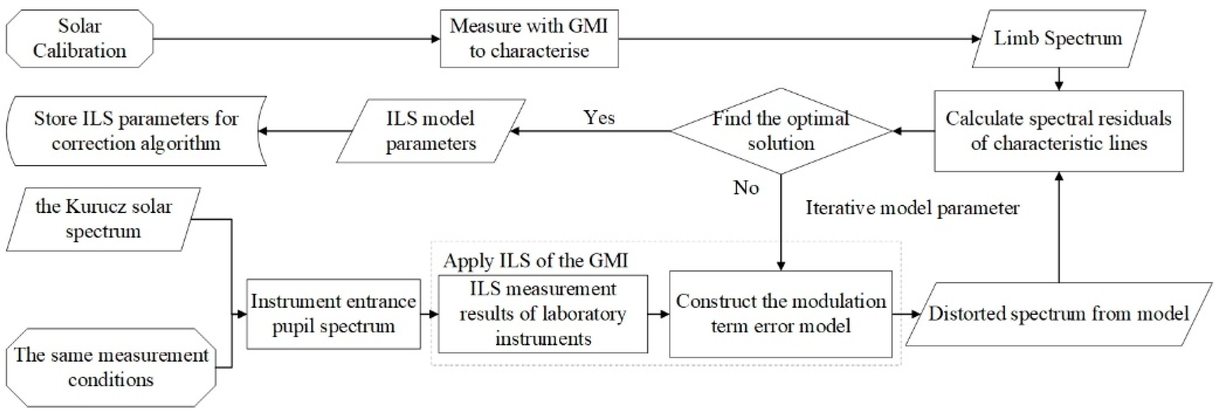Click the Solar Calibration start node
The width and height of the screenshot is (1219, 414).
tap(79, 38)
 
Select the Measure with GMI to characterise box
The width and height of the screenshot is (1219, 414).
tap(529, 38)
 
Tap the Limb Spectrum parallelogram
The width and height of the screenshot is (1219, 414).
tap(1058, 38)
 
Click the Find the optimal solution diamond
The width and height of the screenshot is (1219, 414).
tap(781, 131)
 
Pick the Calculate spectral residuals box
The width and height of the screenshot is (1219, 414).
tap(1059, 131)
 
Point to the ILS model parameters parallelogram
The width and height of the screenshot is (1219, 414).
tap(430, 131)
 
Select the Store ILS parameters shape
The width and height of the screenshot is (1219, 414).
tap(136, 131)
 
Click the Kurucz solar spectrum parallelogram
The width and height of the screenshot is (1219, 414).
tap(103, 219)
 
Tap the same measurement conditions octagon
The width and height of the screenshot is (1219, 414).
tap(111, 367)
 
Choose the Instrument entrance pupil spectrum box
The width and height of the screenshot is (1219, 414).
tap(333, 314)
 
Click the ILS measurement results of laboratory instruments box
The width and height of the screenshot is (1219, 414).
tap(543, 314)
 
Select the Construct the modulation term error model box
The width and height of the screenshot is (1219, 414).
tap(780, 314)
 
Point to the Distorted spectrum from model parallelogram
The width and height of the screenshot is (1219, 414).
tap(1059, 314)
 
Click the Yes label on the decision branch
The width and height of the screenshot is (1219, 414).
tap(599, 117)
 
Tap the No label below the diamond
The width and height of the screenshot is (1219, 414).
tap(746, 188)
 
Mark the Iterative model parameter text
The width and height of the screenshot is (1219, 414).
tap(912, 208)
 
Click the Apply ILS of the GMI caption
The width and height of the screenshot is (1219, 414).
tap(535, 261)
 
